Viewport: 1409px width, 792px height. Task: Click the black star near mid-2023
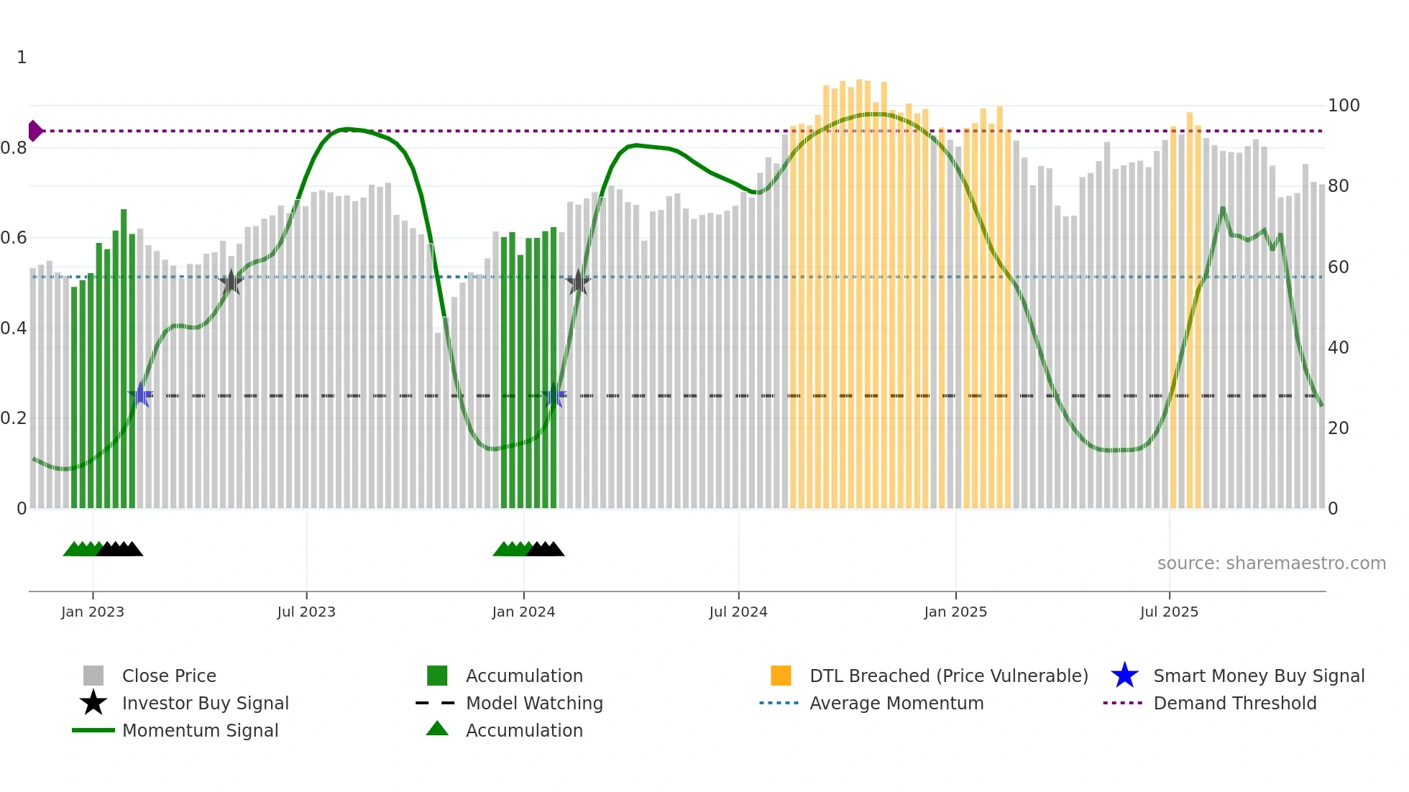tap(231, 282)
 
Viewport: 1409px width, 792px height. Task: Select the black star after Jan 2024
tap(578, 282)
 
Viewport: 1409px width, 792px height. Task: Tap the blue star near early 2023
tap(141, 395)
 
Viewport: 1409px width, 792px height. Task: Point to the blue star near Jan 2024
tap(554, 395)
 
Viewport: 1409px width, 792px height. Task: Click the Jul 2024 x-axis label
tap(738, 612)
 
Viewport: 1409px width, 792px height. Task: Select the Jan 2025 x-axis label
tap(955, 612)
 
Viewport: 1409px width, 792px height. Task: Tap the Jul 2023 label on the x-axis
tap(306, 612)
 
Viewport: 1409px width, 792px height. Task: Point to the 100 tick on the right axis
tap(1343, 106)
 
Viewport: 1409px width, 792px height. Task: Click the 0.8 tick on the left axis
tap(14, 148)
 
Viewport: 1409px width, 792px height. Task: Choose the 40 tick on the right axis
tap(1338, 348)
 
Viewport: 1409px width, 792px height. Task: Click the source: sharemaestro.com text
tap(1271, 563)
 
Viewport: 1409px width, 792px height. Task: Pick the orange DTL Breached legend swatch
tap(781, 676)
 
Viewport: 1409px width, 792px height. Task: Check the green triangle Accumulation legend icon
tap(437, 729)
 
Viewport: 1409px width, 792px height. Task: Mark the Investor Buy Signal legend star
tap(93, 703)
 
